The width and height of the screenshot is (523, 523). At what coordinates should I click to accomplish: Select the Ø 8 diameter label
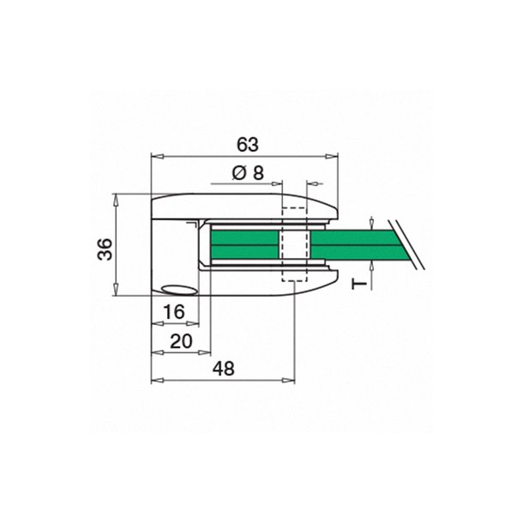[x=247, y=172]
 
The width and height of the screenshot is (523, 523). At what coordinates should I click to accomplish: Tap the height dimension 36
[x=104, y=249]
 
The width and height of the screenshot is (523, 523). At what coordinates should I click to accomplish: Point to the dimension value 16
[x=174, y=312]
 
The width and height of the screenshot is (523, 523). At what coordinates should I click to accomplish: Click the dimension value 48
[x=224, y=368]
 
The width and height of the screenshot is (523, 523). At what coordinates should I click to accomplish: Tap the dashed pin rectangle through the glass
[x=294, y=245]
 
